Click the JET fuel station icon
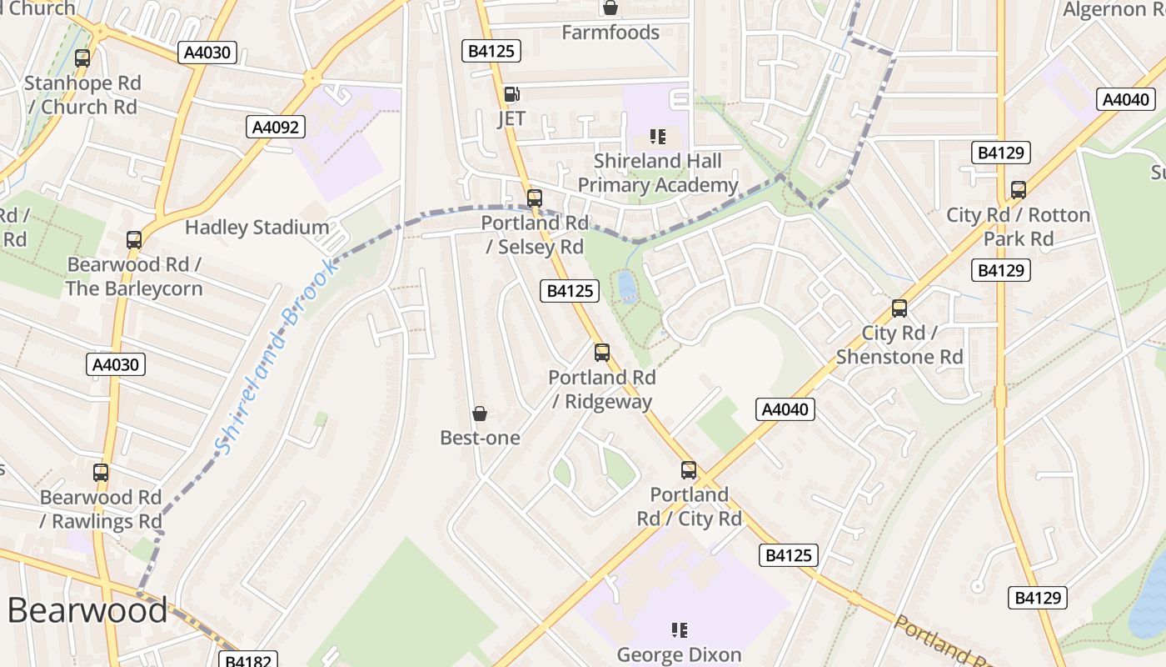[511, 94]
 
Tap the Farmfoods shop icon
[610, 8]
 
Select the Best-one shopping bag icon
[480, 414]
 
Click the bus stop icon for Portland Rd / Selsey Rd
[535, 198]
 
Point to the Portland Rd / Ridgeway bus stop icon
[602, 353]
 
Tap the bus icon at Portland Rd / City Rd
[689, 470]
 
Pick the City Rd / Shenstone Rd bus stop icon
[899, 308]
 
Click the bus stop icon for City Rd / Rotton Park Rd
[1019, 190]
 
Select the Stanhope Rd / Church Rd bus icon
[82, 58]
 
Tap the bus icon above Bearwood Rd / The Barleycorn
[134, 240]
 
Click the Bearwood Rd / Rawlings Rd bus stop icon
[101, 473]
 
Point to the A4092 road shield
[277, 127]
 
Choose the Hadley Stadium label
[257, 227]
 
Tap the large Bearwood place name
[87, 610]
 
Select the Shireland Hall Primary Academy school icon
[658, 136]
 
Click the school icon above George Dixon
[680, 630]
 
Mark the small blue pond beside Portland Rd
[627, 288]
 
